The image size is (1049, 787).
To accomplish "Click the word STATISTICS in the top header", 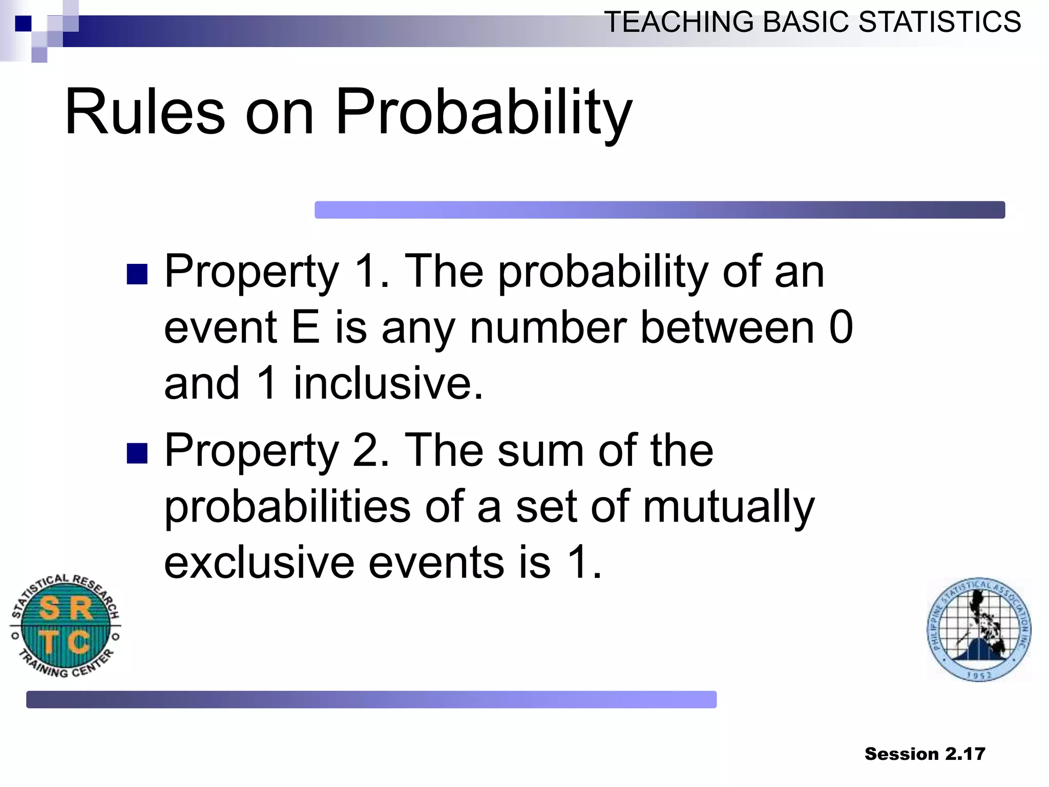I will (939, 23).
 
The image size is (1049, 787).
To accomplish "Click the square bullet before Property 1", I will (137, 274).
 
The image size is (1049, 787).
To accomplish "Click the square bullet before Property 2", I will (137, 453).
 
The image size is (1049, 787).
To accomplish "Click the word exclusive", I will (259, 563).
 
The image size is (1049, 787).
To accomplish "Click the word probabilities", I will (287, 507).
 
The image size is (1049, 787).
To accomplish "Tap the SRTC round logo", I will (66, 625).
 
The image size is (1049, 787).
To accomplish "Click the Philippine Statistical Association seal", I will (979, 629).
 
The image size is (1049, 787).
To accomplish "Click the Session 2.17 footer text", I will (925, 754).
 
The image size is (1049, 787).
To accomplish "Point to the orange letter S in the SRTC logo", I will (50, 609).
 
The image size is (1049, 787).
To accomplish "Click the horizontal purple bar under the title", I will (659, 210).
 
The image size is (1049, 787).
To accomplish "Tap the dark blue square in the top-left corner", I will (23, 24).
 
